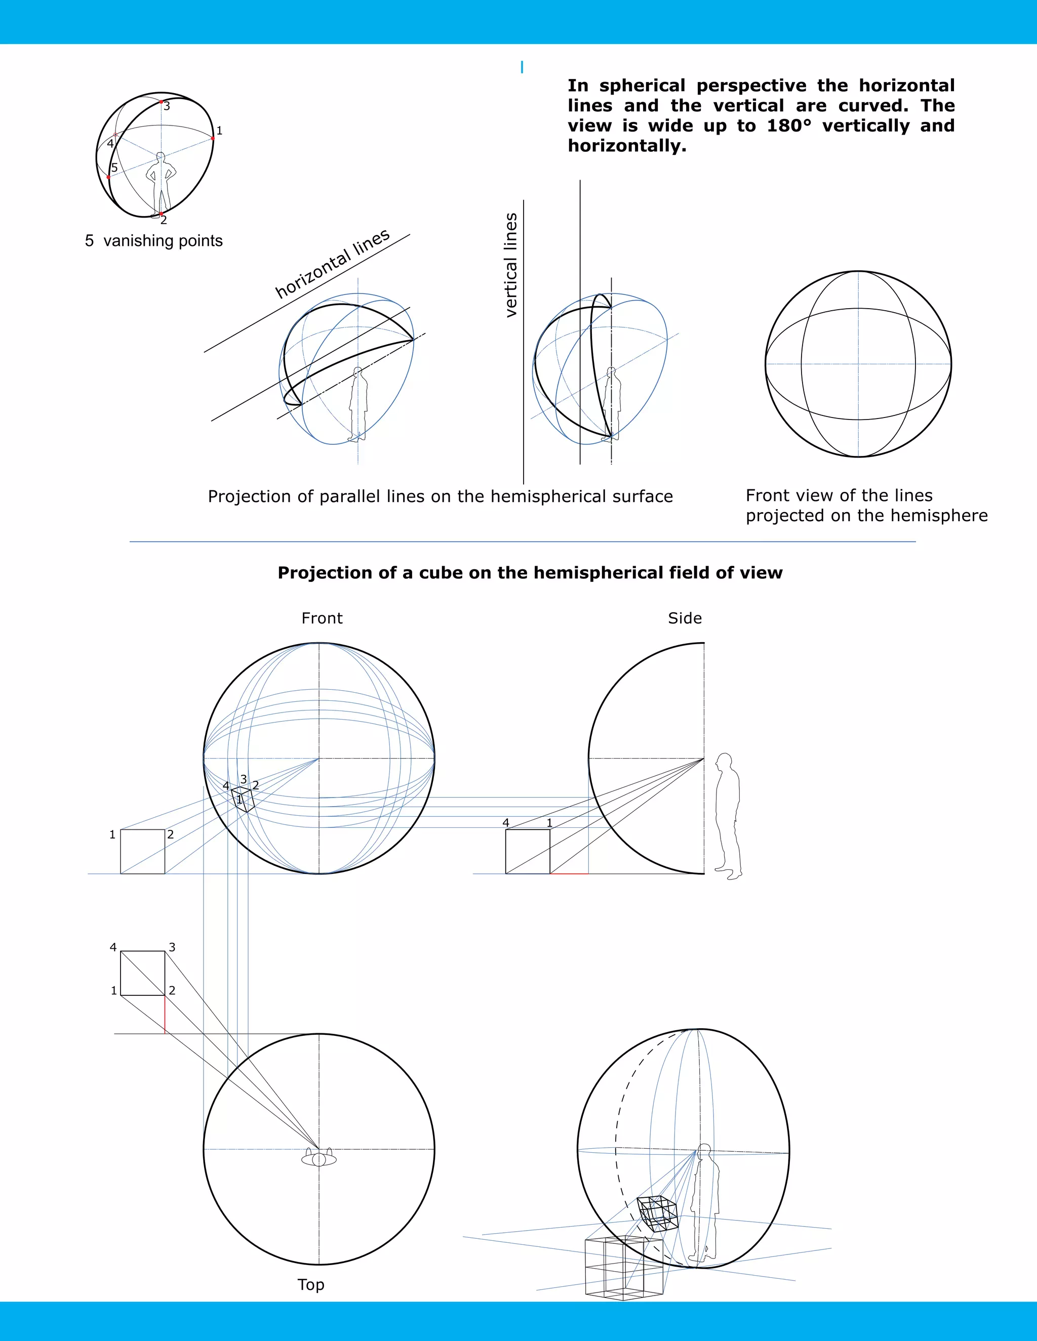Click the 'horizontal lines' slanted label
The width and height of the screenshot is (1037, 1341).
[332, 264]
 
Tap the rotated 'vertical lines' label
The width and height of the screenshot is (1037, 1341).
[510, 265]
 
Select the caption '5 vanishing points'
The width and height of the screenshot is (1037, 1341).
[153, 241]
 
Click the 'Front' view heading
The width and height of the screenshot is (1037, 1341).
[322, 618]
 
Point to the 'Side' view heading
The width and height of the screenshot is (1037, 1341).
[685, 618]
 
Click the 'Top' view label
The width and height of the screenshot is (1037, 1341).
[311, 1284]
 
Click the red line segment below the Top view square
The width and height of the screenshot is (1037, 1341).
[165, 1014]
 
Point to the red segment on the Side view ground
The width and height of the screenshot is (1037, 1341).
[569, 873]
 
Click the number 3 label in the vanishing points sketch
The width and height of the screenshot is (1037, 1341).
[167, 106]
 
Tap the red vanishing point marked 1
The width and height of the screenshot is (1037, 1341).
[213, 139]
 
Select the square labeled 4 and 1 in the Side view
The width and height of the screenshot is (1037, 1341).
[527, 851]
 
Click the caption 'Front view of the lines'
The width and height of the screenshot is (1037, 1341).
[839, 495]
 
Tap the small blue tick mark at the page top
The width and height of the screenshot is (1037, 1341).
[522, 67]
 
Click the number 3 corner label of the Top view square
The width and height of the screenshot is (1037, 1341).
[172, 947]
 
